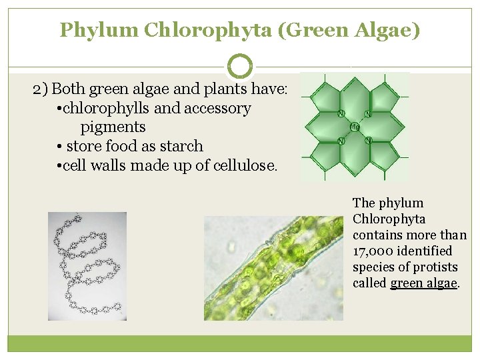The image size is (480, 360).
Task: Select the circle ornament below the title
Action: click(240, 66)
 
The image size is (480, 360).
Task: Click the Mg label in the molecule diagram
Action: click(355, 127)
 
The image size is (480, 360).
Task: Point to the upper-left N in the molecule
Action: click(341, 113)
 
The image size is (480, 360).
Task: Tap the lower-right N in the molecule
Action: click(368, 141)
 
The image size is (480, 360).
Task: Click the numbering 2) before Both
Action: click(41, 89)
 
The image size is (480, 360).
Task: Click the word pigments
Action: click(113, 127)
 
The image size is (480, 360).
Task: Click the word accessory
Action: click(219, 108)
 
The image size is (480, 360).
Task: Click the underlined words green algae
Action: click(423, 283)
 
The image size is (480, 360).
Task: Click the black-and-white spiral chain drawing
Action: click(87, 266)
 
